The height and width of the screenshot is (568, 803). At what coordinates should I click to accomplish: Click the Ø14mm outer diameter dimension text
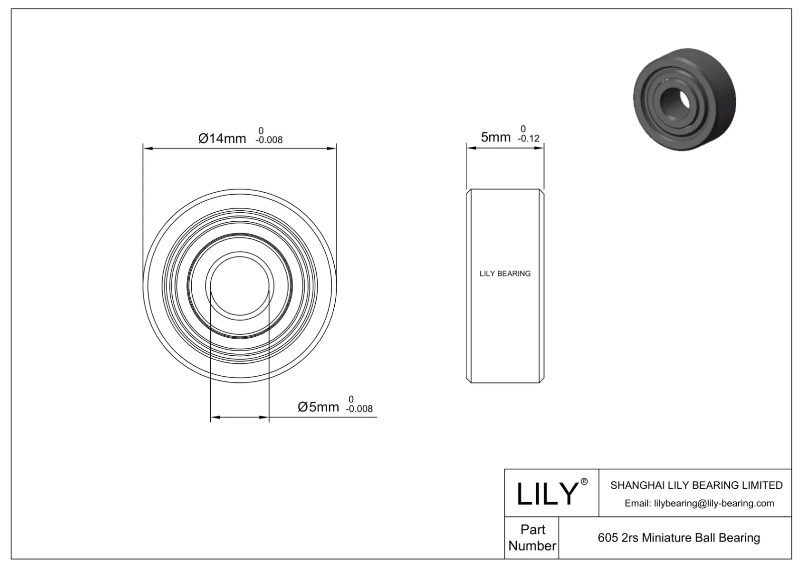pyautogui.click(x=222, y=138)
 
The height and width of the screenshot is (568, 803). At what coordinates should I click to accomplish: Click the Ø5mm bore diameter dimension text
pyautogui.click(x=318, y=406)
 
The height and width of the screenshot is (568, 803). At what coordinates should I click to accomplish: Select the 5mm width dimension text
pyautogui.click(x=495, y=137)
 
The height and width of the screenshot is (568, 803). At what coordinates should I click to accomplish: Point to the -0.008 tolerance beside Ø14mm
pyautogui.click(x=269, y=140)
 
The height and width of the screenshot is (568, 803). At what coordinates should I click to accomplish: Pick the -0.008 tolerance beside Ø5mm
pyautogui.click(x=359, y=409)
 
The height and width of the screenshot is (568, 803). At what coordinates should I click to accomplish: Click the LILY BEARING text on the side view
pyautogui.click(x=505, y=273)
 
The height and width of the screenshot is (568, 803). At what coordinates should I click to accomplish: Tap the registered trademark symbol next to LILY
pyautogui.click(x=584, y=482)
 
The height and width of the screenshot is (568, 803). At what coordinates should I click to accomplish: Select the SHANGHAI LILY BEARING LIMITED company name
pyautogui.click(x=696, y=485)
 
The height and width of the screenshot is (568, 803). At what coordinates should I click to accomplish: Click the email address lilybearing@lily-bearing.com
pyautogui.click(x=714, y=503)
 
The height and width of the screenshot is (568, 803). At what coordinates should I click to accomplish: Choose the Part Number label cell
pyautogui.click(x=532, y=537)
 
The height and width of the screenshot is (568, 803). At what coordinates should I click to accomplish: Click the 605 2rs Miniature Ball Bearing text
pyautogui.click(x=679, y=538)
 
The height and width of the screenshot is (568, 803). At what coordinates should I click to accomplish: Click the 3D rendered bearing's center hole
pyautogui.click(x=674, y=98)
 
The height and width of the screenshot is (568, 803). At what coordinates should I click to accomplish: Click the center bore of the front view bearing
pyautogui.click(x=240, y=286)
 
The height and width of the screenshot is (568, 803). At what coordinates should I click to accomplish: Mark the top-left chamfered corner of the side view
pyautogui.click(x=469, y=191)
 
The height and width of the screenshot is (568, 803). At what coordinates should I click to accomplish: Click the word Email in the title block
pyautogui.click(x=637, y=503)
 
